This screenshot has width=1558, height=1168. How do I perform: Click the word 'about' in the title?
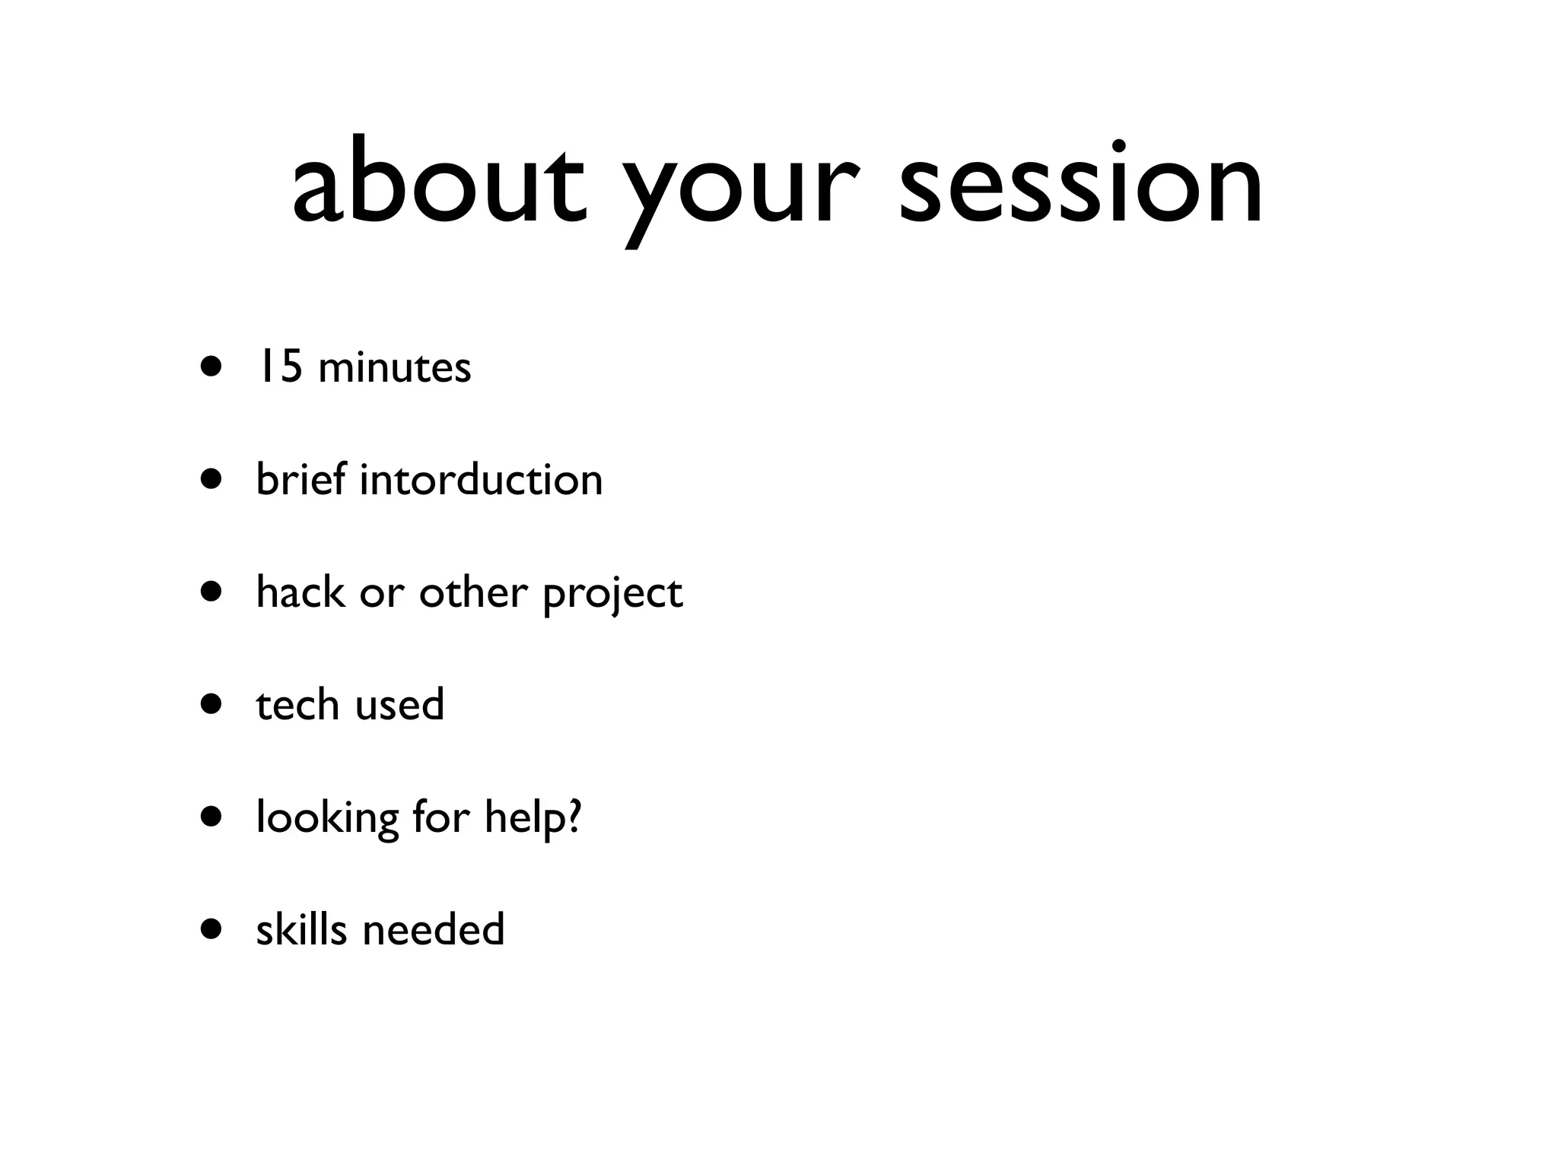(x=439, y=182)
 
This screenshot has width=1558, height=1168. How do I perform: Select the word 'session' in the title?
(x=1080, y=182)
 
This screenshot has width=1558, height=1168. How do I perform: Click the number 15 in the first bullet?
(x=279, y=367)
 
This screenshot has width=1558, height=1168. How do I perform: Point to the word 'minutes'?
(x=395, y=368)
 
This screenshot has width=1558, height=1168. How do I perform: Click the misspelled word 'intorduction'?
(x=481, y=480)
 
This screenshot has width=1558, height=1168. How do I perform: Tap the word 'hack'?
(x=300, y=592)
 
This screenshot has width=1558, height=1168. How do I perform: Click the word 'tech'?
(x=297, y=704)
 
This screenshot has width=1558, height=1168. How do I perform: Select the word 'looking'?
(x=327, y=820)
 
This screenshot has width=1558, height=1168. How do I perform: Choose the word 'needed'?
(x=434, y=929)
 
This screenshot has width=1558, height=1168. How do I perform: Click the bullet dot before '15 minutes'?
(x=212, y=367)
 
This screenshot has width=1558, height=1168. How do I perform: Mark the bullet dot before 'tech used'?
(x=212, y=705)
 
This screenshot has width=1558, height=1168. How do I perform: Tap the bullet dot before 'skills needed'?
(x=212, y=929)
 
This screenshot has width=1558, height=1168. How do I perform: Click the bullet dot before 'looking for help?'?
(x=212, y=817)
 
